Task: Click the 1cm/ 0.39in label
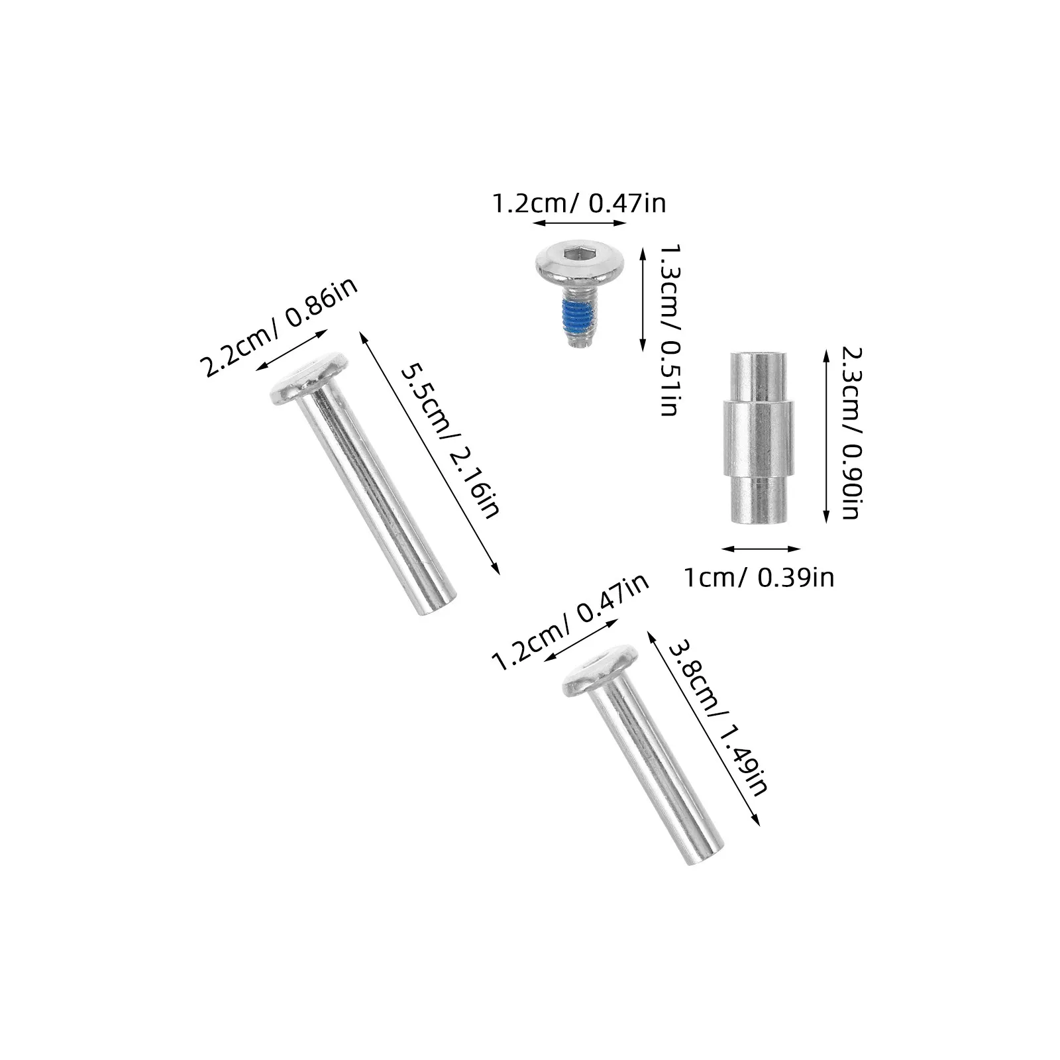pyautogui.click(x=759, y=578)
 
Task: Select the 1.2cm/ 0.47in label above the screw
pyautogui.click(x=578, y=203)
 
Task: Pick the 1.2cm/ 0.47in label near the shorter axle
pyautogui.click(x=570, y=622)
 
